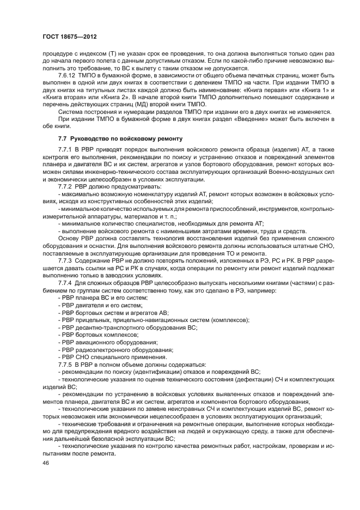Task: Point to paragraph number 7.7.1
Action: click(x=65, y=149)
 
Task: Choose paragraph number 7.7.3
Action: click(x=65, y=261)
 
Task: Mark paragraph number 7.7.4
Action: click(x=65, y=283)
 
